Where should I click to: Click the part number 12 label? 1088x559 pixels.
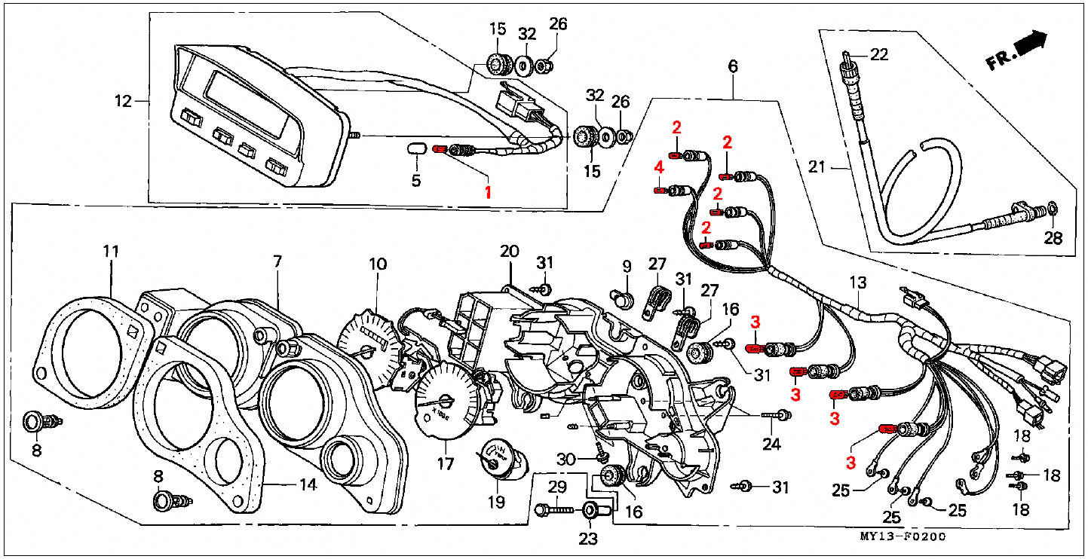[123, 100]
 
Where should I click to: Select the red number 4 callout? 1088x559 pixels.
[658, 167]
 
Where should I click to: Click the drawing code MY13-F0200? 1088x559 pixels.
[902, 536]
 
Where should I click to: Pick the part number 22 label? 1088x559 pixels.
[879, 55]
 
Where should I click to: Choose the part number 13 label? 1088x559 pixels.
[858, 283]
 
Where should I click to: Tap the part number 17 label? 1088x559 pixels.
[446, 464]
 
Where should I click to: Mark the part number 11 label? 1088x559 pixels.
[112, 251]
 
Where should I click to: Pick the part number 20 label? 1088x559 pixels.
[510, 251]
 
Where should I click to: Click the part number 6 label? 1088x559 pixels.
[733, 66]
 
